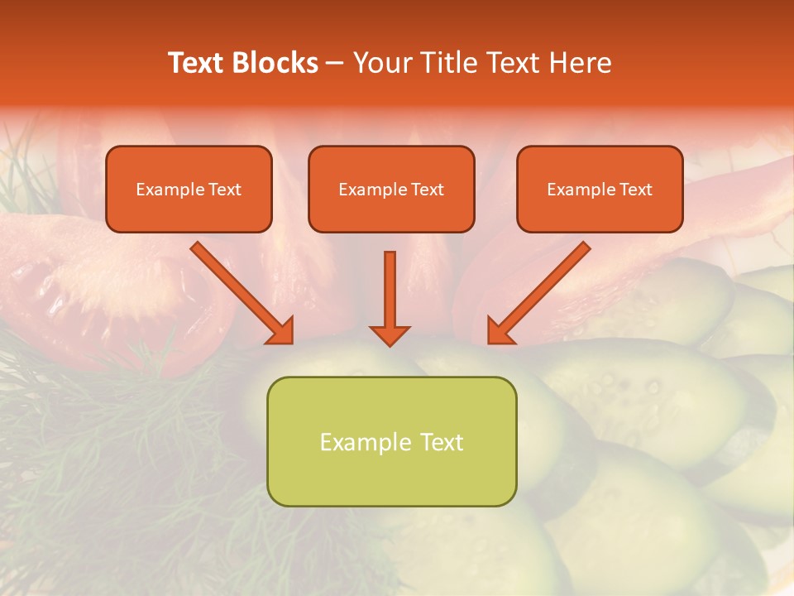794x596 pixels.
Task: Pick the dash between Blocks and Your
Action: [x=335, y=64]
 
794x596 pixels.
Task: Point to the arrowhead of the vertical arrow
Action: [x=390, y=334]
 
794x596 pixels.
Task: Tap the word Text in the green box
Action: [x=442, y=442]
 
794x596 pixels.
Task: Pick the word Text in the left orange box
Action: [x=225, y=190]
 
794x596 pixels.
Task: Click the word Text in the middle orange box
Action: [x=428, y=190]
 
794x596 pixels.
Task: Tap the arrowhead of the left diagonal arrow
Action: [x=280, y=330]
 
